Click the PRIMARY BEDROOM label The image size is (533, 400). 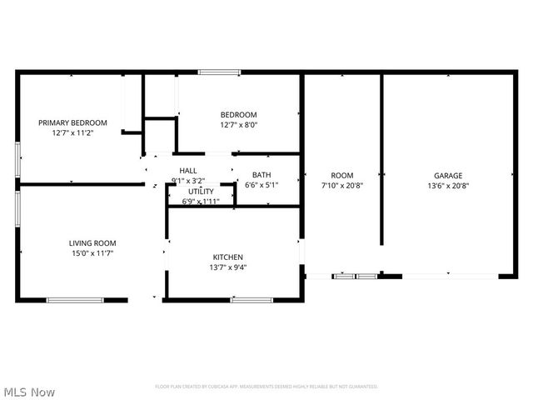click(72, 122)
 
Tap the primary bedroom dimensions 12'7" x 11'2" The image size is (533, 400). click(72, 132)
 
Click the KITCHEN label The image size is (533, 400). click(227, 257)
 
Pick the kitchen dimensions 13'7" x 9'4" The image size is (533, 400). click(227, 267)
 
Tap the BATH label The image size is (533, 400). click(262, 175)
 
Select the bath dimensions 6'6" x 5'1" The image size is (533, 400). click(262, 185)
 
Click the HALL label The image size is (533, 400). click(187, 170)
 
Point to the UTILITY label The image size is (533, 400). click(201, 191)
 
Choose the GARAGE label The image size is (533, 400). click(448, 176)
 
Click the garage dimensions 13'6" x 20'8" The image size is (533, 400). click(448, 186)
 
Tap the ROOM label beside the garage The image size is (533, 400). click(342, 176)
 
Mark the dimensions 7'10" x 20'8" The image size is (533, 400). click(342, 186)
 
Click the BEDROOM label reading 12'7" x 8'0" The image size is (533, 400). click(238, 114)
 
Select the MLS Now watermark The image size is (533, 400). click(29, 391)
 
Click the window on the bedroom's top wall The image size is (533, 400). click(219, 72)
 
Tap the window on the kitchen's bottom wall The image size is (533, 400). click(252, 300)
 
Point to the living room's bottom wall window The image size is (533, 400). click(74, 300)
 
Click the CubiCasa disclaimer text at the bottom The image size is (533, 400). click(266, 387)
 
